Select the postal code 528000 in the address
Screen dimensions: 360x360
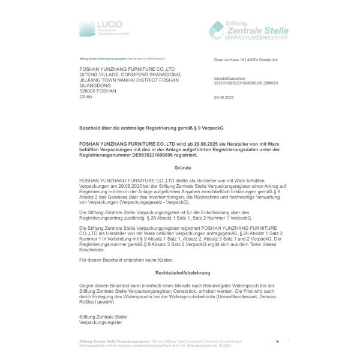(89, 91)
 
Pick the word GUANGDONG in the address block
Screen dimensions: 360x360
(95, 86)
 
